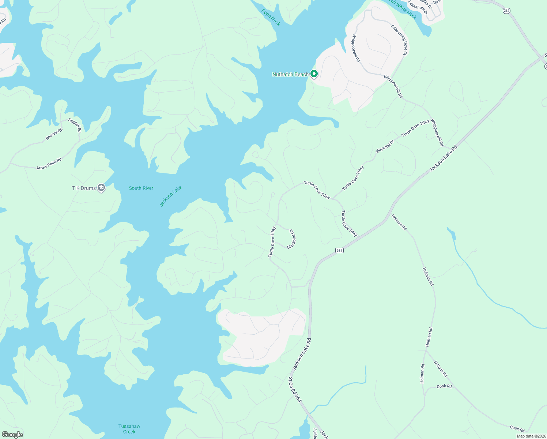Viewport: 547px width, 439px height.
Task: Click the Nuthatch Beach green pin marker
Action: (x=314, y=74)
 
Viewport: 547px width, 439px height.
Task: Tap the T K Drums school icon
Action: (x=101, y=188)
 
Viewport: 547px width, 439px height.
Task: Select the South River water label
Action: (x=141, y=188)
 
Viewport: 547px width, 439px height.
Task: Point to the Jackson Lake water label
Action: (x=171, y=196)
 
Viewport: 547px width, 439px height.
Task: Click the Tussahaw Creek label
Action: (x=129, y=429)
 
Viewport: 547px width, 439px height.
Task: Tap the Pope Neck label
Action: (x=271, y=18)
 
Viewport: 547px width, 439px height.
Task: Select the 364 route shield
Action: (x=339, y=250)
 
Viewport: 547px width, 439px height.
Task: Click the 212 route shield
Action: (x=506, y=11)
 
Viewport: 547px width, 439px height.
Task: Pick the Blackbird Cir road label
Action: (x=292, y=240)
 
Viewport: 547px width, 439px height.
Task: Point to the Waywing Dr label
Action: (x=385, y=147)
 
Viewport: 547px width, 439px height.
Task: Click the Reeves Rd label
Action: (x=54, y=134)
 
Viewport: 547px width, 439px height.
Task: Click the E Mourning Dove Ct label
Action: (x=399, y=40)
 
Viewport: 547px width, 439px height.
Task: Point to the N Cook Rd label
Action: (x=440, y=369)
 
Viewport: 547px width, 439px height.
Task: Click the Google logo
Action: (x=12, y=435)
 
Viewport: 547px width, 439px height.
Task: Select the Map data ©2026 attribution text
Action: (x=531, y=436)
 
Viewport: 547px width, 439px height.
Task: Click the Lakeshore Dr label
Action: (x=418, y=8)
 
